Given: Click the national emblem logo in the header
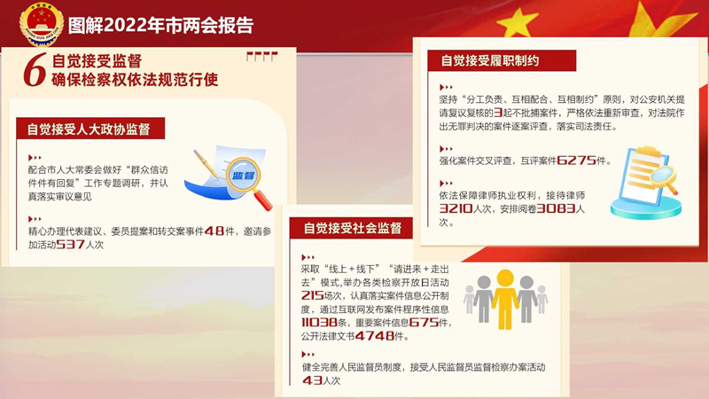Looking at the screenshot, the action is point(41,24).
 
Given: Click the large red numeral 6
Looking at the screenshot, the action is point(35,69).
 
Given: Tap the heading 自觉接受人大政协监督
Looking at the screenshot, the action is point(89,129).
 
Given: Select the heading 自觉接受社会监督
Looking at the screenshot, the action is point(353,228).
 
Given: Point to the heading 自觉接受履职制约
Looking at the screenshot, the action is point(490,60).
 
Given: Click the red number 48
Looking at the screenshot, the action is point(214,231).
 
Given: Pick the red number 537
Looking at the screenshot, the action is point(71,245).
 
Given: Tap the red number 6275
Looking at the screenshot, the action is point(576,160).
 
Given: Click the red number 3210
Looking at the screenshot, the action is point(456,208).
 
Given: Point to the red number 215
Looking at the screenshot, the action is point(313,296).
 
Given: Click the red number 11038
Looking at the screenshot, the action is point(320,323).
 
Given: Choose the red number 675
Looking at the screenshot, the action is point(424,323).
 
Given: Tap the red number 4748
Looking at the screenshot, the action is point(375,336).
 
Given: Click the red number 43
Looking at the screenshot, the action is point(312,380).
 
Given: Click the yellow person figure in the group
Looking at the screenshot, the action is point(505,299).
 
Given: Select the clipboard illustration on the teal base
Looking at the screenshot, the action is point(647,184).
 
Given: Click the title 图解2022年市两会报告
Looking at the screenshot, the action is point(160,26).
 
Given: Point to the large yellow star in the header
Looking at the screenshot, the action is point(518,21).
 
